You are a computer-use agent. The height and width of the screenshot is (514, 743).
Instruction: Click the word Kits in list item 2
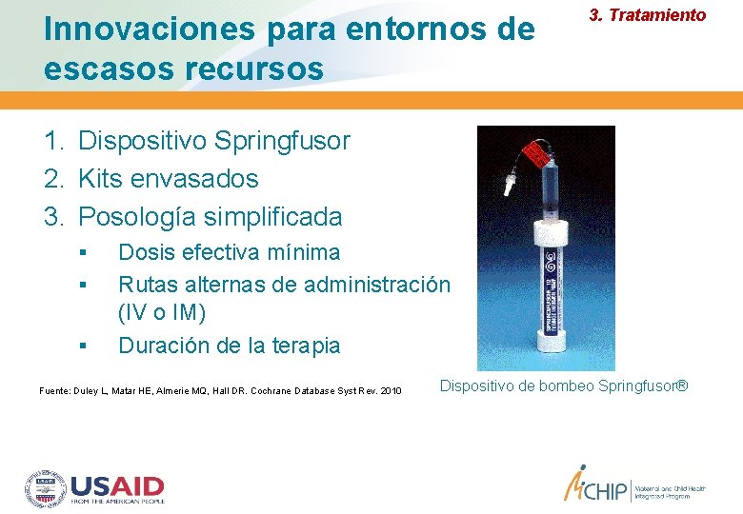[100, 179]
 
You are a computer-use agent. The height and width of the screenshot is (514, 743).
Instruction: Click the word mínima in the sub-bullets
[308, 252]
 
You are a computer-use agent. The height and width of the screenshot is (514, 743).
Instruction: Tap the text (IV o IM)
[162, 312]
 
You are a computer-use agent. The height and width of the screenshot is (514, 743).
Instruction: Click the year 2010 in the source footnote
[390, 391]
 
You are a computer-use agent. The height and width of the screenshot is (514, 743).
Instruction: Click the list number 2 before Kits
[52, 179]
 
